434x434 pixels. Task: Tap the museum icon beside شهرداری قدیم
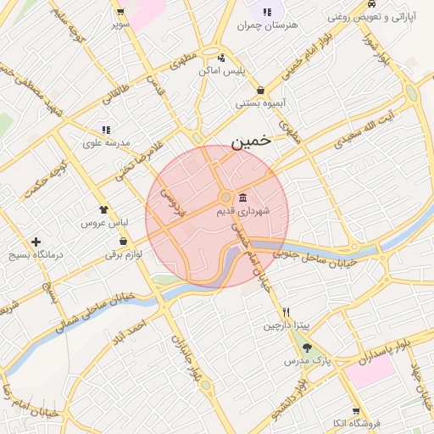tap(243, 197)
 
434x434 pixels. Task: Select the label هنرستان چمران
tap(270, 25)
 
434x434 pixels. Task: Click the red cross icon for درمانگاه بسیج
tap(36, 242)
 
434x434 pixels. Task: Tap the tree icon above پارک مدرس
tap(307, 348)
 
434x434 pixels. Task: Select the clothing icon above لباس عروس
tap(103, 209)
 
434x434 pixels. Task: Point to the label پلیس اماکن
tap(222, 70)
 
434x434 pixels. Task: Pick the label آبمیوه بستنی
tap(259, 103)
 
